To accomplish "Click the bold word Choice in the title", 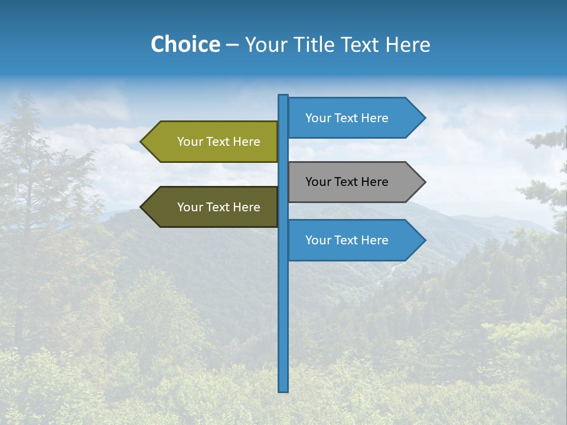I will coord(185,44).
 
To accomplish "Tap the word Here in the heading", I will coord(408,45).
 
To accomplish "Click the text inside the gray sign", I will coord(347,182).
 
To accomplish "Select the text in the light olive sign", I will coord(219,142).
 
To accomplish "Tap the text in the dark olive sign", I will coord(219,207).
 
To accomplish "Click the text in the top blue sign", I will coord(347,118).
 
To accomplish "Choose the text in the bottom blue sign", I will coord(347,240).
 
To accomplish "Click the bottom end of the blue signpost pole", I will coord(283,389).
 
